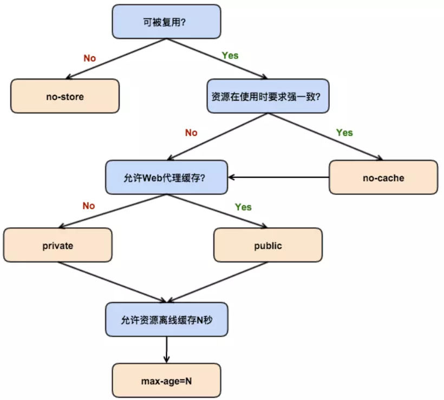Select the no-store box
point(65,96)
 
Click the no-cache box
point(383,177)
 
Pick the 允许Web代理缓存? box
point(166,177)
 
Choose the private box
point(57,245)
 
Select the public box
point(267,245)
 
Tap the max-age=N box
point(166,381)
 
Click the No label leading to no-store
point(89,58)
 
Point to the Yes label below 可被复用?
point(230,56)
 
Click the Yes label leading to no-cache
point(344,133)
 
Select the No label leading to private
point(89,206)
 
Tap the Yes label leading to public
point(243,207)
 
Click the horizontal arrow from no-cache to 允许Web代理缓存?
point(279,177)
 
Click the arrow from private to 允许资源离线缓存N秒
point(111,282)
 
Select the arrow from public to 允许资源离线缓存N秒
point(217,282)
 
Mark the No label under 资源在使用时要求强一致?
point(191,133)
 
